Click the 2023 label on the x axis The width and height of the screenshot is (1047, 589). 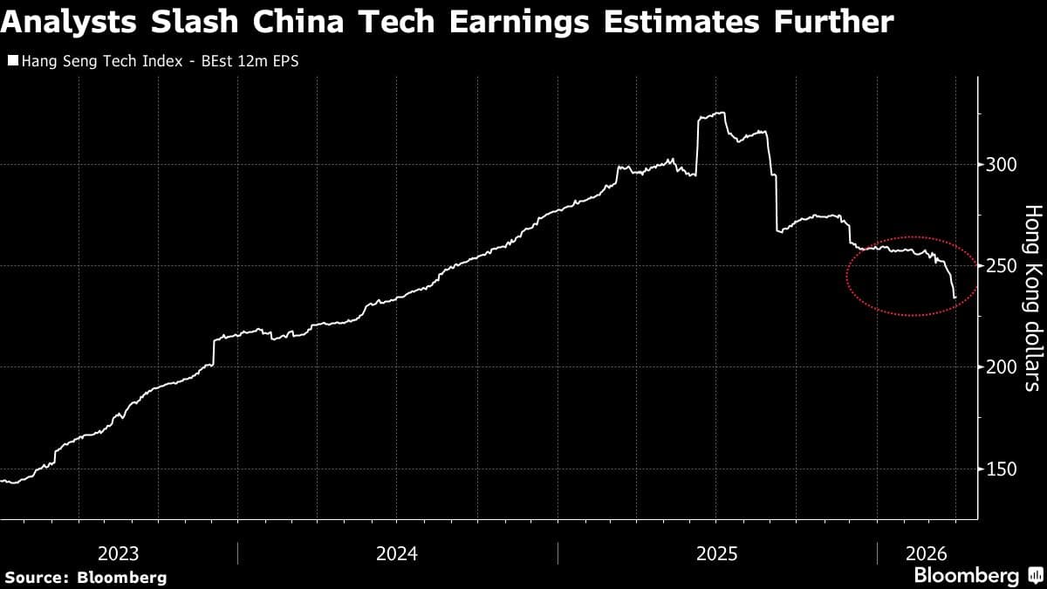click(x=118, y=553)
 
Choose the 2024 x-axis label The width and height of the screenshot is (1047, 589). click(x=396, y=553)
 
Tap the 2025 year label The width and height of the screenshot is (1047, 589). click(x=716, y=553)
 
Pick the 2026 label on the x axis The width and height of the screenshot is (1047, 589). click(x=922, y=553)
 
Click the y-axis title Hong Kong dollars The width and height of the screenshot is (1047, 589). click(x=1032, y=297)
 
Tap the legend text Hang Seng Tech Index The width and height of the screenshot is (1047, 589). click(x=92, y=61)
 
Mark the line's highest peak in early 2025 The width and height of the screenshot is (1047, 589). click(x=722, y=113)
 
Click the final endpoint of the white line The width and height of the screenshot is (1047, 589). click(x=955, y=298)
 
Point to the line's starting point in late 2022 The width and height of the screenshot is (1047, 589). click(x=2, y=481)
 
